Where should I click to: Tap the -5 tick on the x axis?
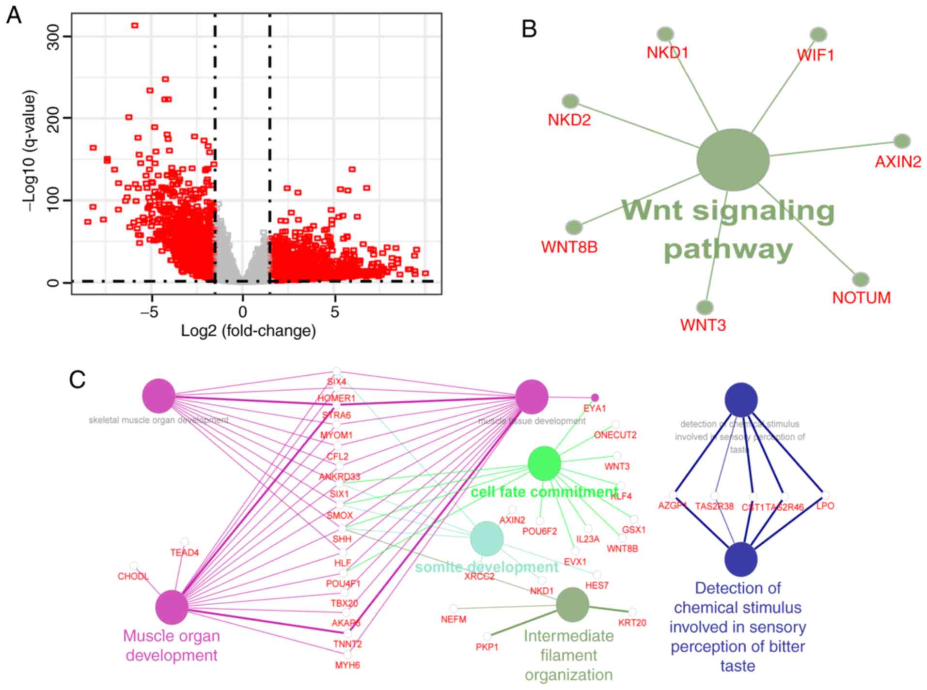(152, 313)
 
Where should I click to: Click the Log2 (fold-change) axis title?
(248, 331)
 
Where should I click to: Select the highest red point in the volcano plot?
(135, 26)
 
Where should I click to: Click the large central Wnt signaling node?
(733, 160)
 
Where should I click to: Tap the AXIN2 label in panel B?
(897, 162)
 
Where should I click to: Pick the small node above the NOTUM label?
(861, 279)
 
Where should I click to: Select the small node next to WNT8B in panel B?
(574, 227)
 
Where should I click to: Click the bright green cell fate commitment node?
(544, 464)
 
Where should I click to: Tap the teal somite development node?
(487, 538)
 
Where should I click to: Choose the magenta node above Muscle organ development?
(172, 607)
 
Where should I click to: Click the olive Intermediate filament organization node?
(572, 604)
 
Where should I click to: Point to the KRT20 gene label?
(632, 623)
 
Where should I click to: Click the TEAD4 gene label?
(184, 552)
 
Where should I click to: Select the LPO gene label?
(825, 506)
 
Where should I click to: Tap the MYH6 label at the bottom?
(347, 665)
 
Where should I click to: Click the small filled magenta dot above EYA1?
(595, 398)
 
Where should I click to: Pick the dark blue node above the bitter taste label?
(740, 559)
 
